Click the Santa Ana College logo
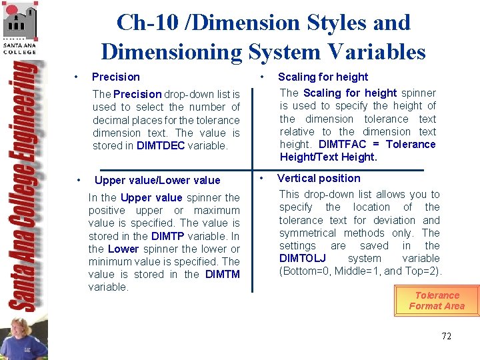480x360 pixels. (x=20, y=27)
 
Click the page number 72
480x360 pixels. (x=446, y=336)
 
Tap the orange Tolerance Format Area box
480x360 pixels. (x=437, y=300)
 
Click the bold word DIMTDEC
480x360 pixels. (x=161, y=145)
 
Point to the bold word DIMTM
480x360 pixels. (x=222, y=274)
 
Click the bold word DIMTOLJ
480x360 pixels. (x=303, y=258)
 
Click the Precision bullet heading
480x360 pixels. (x=115, y=77)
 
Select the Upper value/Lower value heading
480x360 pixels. (x=157, y=180)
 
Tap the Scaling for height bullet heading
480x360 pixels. (x=323, y=77)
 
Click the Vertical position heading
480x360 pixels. (x=319, y=178)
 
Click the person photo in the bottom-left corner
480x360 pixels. (x=24, y=337)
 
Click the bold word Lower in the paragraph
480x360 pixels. (x=123, y=249)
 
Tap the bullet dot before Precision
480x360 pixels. (x=78, y=77)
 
